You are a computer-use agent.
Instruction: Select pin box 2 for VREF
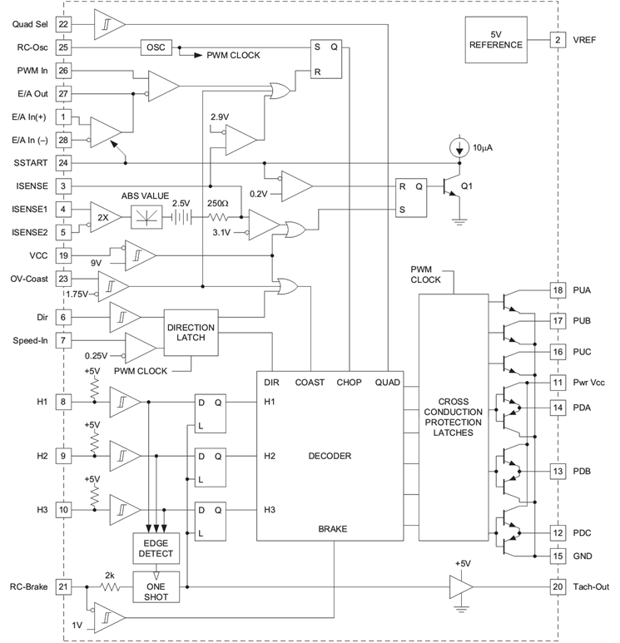pos(558,39)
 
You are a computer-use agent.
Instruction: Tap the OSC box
pos(156,47)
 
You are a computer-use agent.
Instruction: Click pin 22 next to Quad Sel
pos(64,24)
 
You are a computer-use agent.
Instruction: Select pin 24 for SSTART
pos(64,162)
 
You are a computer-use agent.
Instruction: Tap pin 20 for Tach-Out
pos(558,586)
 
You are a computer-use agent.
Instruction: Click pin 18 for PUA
pos(558,292)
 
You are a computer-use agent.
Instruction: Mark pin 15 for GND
pos(558,555)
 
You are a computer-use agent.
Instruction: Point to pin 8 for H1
pos(64,402)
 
